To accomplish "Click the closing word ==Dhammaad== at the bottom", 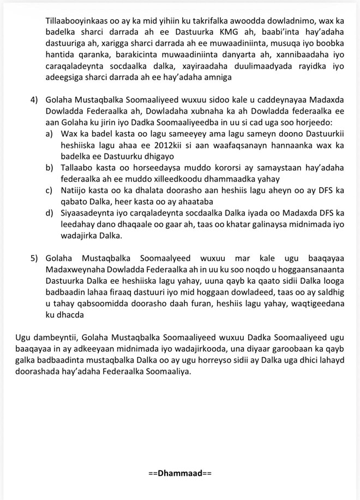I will click(x=179, y=471).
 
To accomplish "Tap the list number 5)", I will click(x=35, y=257).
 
